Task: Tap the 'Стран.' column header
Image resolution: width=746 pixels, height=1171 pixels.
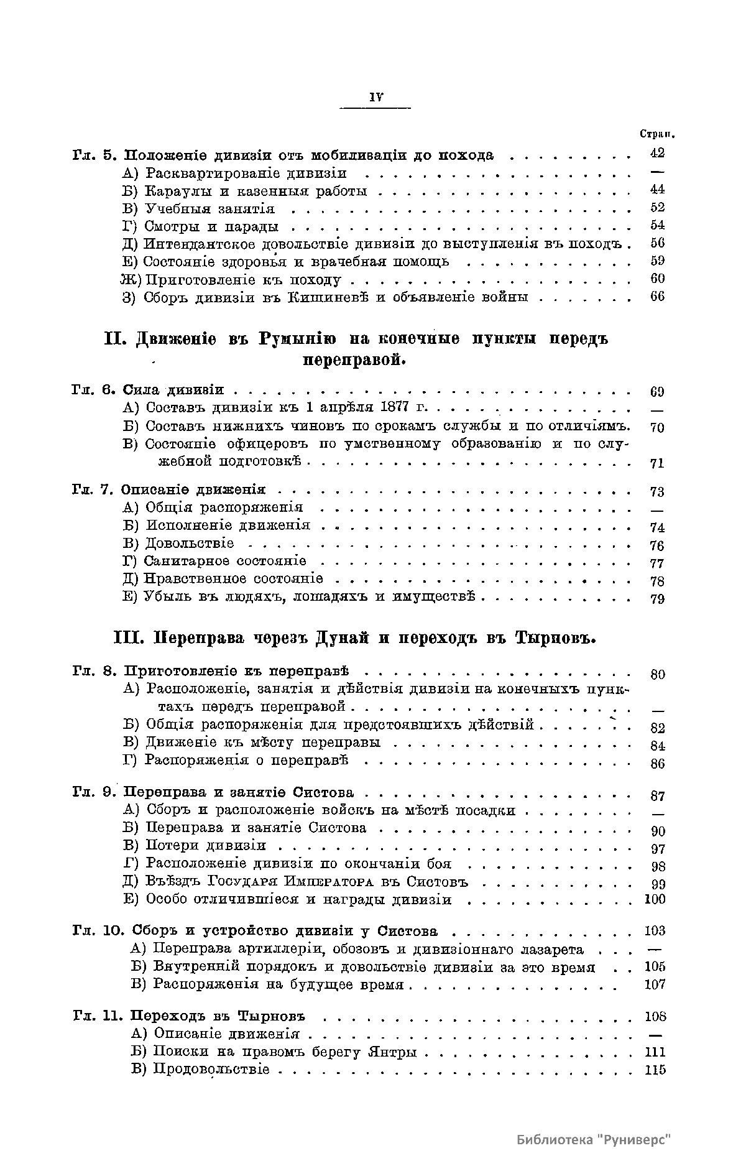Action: (x=657, y=134)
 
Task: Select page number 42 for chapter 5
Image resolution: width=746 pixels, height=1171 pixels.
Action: (x=657, y=153)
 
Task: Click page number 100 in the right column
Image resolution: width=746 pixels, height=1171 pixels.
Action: (x=655, y=899)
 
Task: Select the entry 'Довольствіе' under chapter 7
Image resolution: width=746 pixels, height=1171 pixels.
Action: (x=190, y=544)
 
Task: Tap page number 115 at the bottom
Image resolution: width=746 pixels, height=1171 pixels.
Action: (x=655, y=1070)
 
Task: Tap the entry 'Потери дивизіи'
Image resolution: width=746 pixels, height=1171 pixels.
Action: (x=206, y=846)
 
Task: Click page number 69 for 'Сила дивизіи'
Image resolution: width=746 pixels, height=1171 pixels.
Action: (x=657, y=392)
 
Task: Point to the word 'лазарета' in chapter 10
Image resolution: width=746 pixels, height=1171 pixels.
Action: (x=553, y=950)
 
